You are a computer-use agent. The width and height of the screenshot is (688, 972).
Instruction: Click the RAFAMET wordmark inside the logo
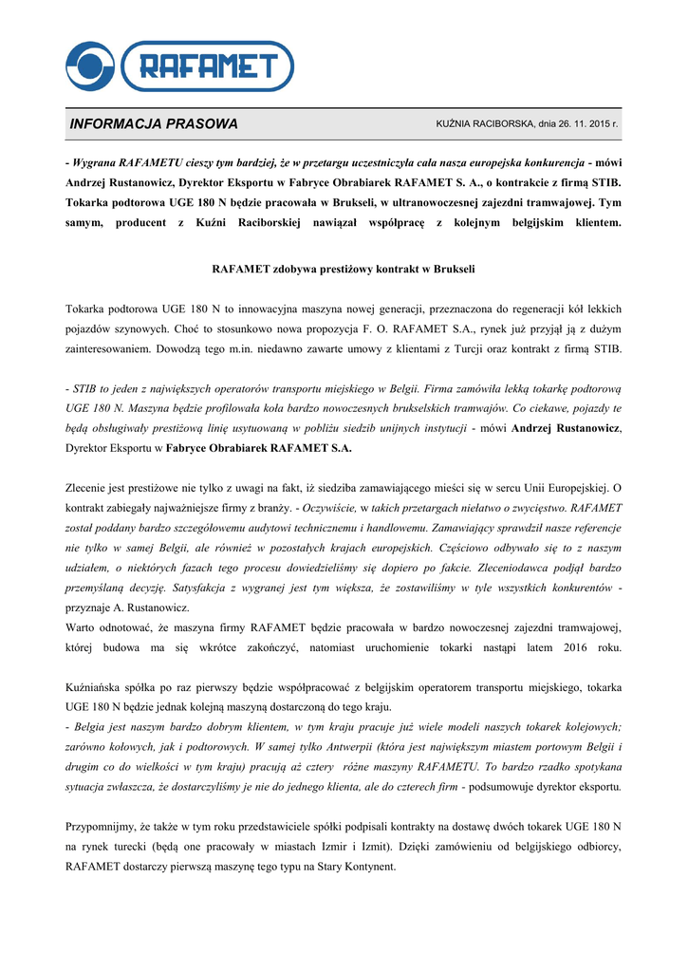tap(210, 66)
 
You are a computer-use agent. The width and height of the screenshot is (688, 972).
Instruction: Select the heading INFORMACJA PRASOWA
tap(154, 124)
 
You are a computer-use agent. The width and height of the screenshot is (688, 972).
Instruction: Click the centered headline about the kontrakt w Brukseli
tap(343, 269)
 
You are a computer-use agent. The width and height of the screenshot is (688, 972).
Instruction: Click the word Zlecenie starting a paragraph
tap(92, 488)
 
